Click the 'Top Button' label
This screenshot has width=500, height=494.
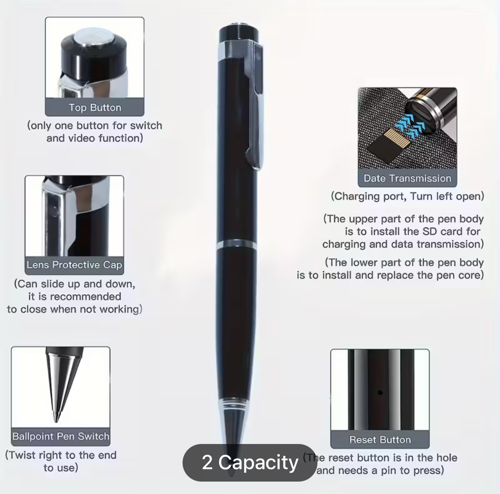coord(95,107)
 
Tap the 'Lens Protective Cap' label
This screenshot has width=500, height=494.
coord(74,265)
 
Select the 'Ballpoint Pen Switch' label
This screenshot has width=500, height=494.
coord(61,436)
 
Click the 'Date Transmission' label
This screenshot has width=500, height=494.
coord(407,178)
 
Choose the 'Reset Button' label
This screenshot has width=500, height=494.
coord(380,440)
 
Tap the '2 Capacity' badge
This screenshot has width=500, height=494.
coord(250,463)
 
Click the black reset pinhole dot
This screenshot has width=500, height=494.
coord(380,392)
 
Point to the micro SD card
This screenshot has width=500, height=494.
coord(388,146)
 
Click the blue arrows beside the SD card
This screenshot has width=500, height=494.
coord(410,126)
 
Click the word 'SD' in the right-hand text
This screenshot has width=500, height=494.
coord(430,231)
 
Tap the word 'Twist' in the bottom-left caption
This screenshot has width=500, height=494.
coord(23,455)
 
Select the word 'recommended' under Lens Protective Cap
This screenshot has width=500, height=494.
coord(85,296)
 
